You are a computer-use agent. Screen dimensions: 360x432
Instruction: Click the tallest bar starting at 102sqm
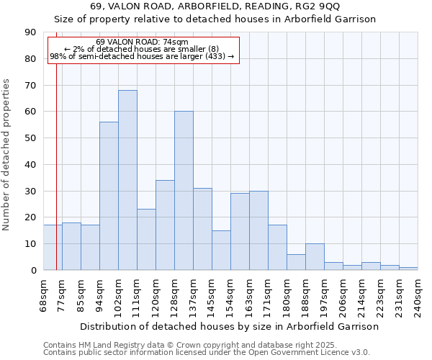tap(127, 180)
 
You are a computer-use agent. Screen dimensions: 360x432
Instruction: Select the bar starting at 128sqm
tap(184, 191)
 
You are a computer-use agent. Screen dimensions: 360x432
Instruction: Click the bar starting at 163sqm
tap(258, 230)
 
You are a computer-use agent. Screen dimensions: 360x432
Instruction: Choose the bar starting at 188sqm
tap(315, 257)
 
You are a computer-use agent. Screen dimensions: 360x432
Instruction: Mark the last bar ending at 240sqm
tap(408, 269)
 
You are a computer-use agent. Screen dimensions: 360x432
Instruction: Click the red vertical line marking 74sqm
tap(56, 180)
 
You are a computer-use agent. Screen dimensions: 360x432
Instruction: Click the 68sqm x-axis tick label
tap(44, 294)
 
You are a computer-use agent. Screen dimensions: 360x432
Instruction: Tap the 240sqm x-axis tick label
tap(418, 294)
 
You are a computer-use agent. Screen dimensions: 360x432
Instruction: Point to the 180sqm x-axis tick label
tap(287, 294)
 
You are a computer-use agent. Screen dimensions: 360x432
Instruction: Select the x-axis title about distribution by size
tap(229, 326)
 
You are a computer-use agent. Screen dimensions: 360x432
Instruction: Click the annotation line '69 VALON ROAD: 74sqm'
tap(142, 42)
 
